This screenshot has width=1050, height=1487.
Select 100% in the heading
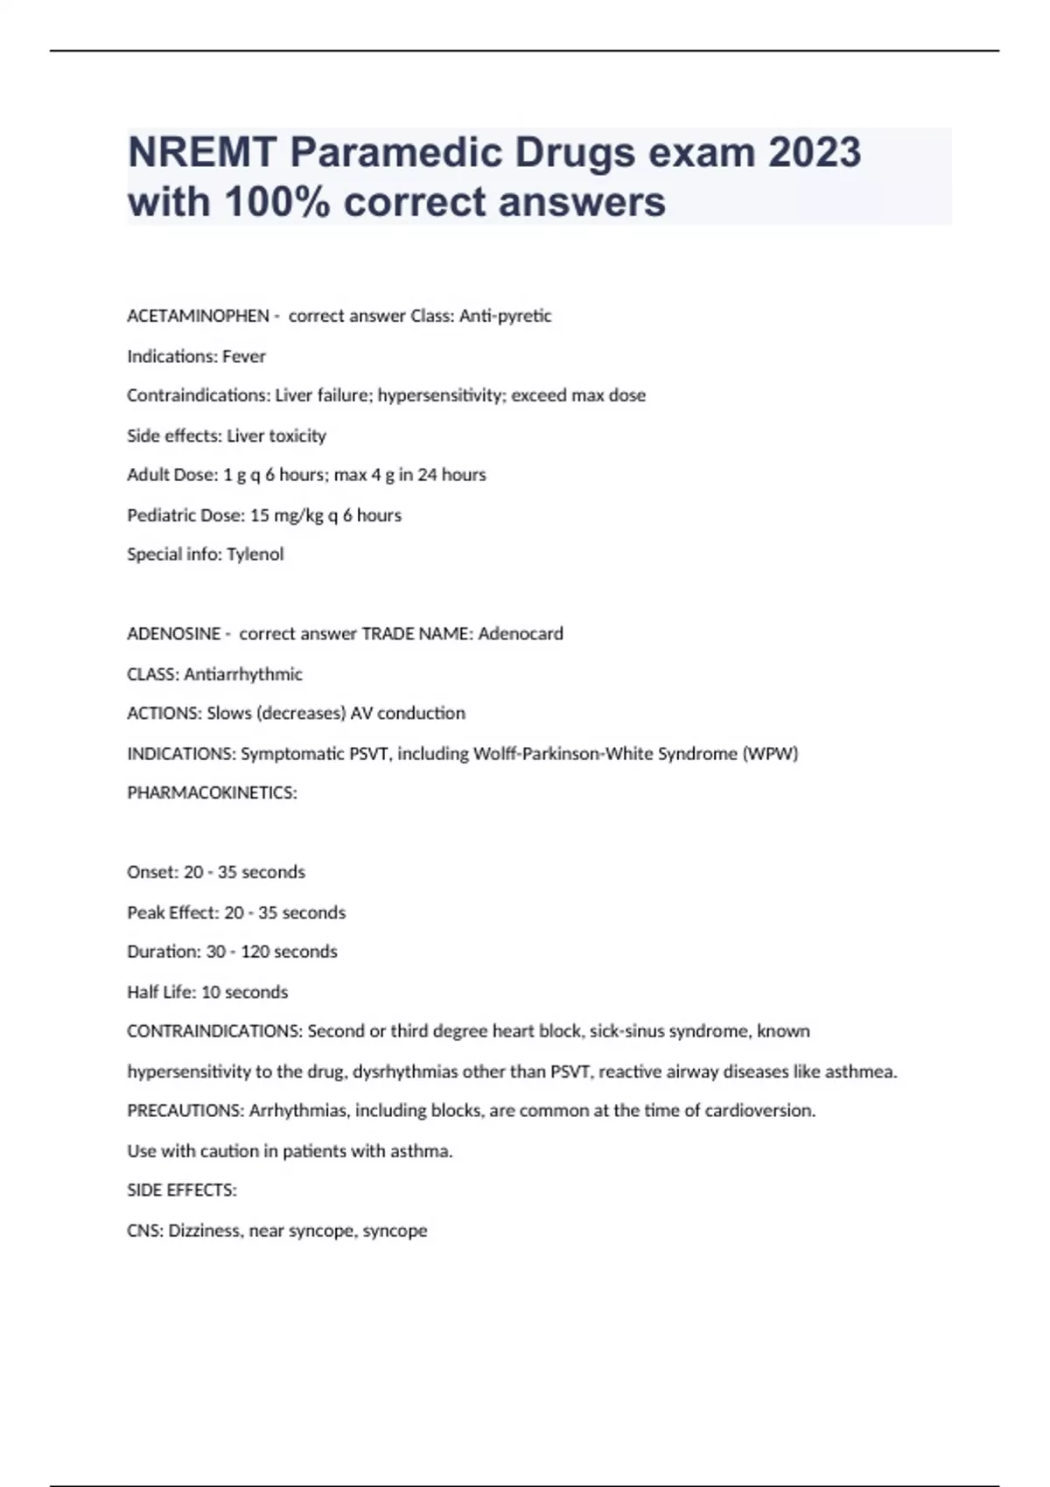277,202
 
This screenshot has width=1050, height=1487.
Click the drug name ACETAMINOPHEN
198,316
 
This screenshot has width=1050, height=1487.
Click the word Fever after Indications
244,356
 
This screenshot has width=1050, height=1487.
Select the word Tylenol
255,554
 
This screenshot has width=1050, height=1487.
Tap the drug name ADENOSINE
173,633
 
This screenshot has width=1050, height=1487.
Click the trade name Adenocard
521,633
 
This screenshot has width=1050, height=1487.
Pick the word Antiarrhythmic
243,674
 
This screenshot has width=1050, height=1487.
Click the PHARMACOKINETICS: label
212,792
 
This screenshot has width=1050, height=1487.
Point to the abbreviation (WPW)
770,753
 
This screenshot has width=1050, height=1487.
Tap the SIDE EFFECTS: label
182,1190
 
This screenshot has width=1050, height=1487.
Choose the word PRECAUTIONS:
185,1110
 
